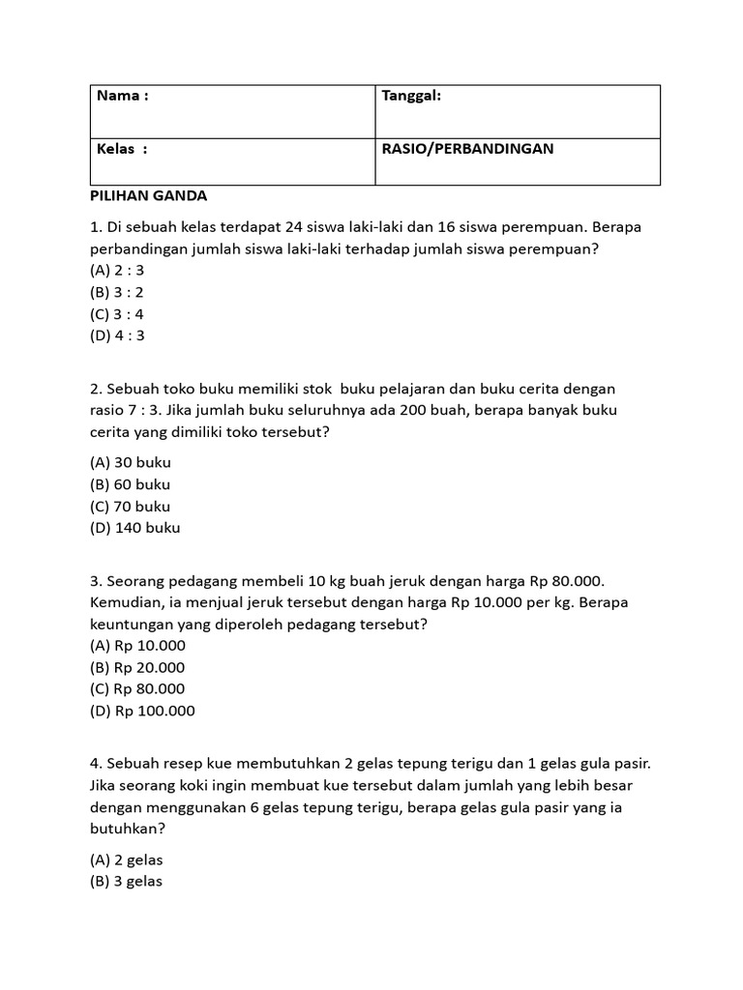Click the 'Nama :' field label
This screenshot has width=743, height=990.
coord(123,96)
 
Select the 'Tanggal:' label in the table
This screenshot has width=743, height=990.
coord(411,96)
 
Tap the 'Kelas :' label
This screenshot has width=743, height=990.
coord(122,150)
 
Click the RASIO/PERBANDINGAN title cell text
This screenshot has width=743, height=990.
coord(467,150)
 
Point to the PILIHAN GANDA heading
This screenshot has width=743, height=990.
coord(148,195)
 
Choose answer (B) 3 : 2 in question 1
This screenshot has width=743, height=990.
coord(116,292)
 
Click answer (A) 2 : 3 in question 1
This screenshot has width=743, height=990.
coord(116,271)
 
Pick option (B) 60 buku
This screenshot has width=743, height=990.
coord(130,484)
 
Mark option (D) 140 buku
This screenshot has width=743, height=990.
coord(134,528)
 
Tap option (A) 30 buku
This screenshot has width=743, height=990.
coord(130,462)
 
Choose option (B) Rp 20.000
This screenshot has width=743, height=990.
coord(137,667)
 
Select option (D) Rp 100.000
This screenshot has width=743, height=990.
coord(142,711)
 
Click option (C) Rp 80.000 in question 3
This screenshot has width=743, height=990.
coord(137,688)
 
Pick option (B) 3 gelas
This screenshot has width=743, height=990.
coord(127,881)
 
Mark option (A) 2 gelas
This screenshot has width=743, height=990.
coord(127,859)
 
